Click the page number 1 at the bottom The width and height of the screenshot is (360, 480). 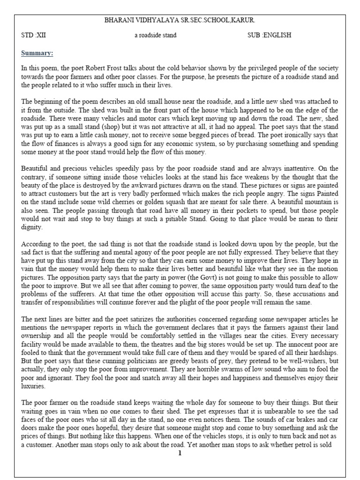pyautogui.click(x=180, y=453)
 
